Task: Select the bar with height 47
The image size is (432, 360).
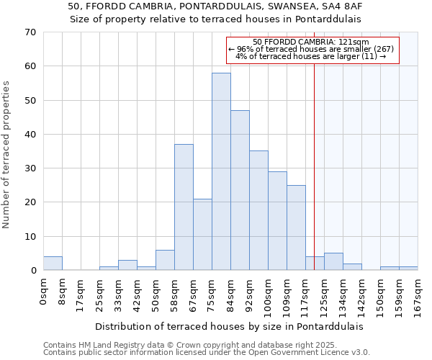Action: pyautogui.click(x=240, y=190)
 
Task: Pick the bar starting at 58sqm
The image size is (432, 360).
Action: pyautogui.click(x=184, y=207)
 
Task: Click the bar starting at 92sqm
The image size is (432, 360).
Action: pyautogui.click(x=258, y=210)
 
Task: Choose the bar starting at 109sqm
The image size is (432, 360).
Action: pyautogui.click(x=296, y=228)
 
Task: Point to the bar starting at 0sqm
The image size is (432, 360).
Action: pyautogui.click(x=53, y=264)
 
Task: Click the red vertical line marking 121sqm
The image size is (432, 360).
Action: pyautogui.click(x=315, y=166)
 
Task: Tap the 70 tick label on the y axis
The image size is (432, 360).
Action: pyautogui.click(x=30, y=32)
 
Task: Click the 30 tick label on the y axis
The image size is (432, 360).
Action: pyautogui.click(x=30, y=168)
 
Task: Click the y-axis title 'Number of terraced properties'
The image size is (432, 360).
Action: pyautogui.click(x=7, y=155)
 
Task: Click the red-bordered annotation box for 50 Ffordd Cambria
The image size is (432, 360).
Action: pyautogui.click(x=312, y=50)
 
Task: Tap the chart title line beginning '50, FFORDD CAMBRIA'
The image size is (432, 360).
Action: pyautogui.click(x=215, y=6)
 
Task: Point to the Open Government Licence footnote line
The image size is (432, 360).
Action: pyautogui.click(x=207, y=353)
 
